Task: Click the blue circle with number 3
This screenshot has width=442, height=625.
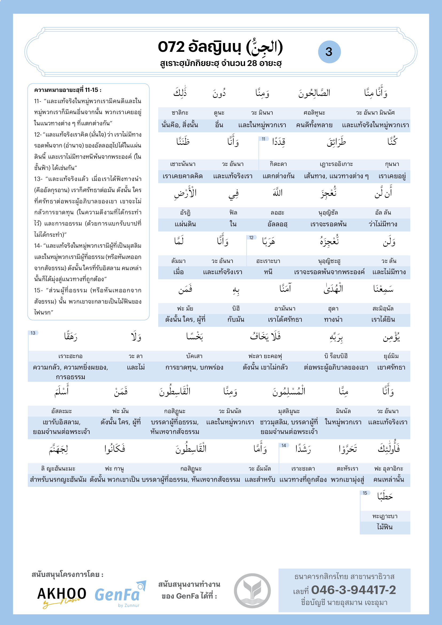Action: (x=329, y=52)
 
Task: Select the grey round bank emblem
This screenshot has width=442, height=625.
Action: (x=252, y=591)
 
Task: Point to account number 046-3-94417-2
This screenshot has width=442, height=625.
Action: (x=353, y=590)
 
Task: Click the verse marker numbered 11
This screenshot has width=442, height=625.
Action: (x=263, y=139)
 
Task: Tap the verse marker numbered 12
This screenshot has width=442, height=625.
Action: (x=251, y=238)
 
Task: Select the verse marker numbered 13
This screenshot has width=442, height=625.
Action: (x=33, y=333)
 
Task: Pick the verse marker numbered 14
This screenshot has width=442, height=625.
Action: (x=284, y=445)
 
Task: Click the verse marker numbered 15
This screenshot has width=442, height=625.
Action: (x=365, y=493)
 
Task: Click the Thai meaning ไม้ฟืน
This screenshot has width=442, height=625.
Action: (x=385, y=527)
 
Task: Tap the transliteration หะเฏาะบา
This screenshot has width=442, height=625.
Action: (x=385, y=516)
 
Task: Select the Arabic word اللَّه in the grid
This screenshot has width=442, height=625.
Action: (x=278, y=193)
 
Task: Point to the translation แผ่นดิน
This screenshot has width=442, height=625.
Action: (x=185, y=224)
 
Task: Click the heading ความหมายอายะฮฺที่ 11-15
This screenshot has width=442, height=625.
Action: (x=68, y=90)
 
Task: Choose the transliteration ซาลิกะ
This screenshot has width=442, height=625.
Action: (x=180, y=113)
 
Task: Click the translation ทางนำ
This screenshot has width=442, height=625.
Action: (x=333, y=320)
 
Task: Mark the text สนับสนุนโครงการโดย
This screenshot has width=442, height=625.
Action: (x=67, y=575)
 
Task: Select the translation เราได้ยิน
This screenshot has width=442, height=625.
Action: (x=383, y=320)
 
